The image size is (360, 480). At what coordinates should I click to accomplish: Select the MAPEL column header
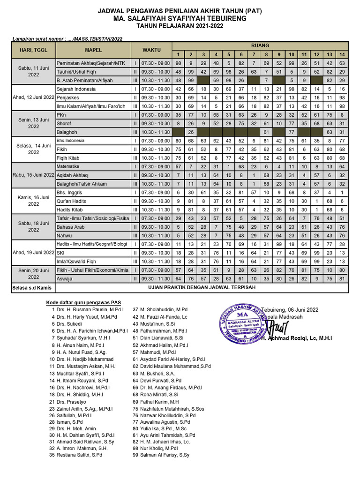click(x=93, y=50)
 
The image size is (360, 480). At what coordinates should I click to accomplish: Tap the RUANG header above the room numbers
click(x=260, y=45)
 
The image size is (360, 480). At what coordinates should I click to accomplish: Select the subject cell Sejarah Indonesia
click(x=76, y=89)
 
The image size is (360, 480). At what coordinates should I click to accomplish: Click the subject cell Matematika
click(x=68, y=166)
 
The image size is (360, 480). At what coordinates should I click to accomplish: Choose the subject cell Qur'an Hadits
click(x=72, y=200)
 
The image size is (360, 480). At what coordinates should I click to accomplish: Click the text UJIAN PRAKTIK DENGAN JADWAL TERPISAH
click(x=202, y=287)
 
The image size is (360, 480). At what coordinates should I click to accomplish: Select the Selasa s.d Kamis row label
click(x=32, y=288)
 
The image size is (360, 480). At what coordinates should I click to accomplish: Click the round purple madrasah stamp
click(x=242, y=324)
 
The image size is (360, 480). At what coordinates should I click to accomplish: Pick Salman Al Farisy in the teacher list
click(x=161, y=455)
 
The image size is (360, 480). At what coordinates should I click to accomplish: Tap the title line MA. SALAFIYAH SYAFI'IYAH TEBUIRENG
click(x=180, y=18)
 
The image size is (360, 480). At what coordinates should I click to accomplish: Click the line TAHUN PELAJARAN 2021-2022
click(x=180, y=26)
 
